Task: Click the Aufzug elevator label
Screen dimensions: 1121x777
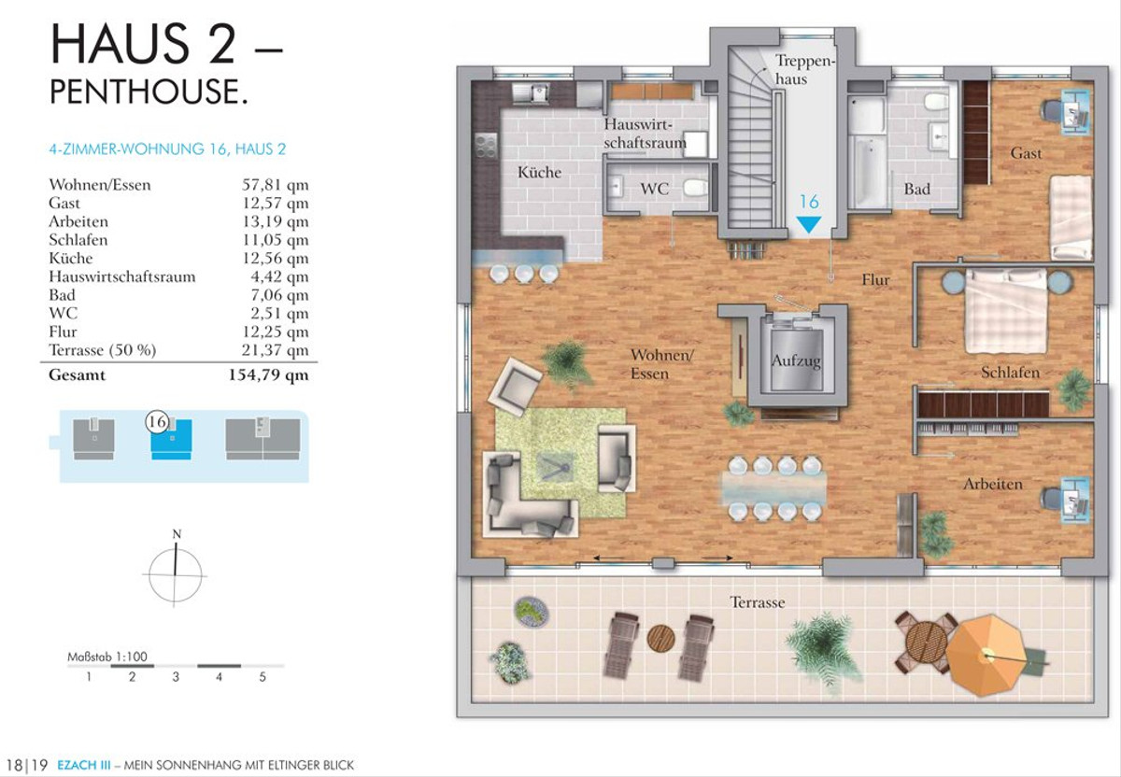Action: [796, 361]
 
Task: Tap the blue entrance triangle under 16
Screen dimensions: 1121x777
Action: [809, 224]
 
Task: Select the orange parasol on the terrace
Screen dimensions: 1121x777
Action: [986, 655]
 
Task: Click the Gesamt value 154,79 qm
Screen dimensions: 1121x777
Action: [268, 375]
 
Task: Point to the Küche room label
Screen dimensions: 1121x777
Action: [539, 172]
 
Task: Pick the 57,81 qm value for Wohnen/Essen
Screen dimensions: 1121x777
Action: [276, 185]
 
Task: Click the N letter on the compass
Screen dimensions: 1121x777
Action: [177, 534]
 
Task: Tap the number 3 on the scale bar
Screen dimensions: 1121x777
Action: [176, 677]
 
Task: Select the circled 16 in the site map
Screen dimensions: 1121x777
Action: [157, 422]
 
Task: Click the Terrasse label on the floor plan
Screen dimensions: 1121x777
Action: [758, 602]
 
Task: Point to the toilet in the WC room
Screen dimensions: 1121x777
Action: [696, 188]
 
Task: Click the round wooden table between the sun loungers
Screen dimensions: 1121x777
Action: [660, 639]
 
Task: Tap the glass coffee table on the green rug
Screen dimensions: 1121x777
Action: [555, 470]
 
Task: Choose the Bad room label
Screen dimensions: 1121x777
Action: [916, 190]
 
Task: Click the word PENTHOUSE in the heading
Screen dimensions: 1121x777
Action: [149, 92]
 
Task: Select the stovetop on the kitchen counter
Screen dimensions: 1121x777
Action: [485, 147]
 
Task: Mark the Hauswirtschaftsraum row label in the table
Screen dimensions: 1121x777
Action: [122, 276]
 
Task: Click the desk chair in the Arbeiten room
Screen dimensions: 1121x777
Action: [1050, 499]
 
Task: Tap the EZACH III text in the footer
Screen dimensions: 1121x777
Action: [84, 765]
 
